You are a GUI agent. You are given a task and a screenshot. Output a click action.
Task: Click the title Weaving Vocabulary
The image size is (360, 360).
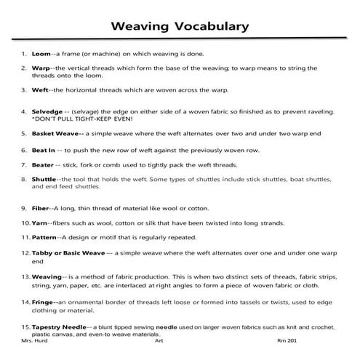(x=180, y=27)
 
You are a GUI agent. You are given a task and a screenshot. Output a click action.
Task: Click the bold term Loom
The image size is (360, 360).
(x=41, y=54)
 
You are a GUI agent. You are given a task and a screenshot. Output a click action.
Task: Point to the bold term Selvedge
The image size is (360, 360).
(x=48, y=112)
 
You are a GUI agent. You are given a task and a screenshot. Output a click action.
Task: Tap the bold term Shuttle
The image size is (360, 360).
(x=44, y=179)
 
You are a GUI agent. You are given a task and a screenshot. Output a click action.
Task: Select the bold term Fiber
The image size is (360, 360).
(x=41, y=208)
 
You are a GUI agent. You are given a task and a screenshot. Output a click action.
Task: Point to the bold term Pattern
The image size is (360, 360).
(x=45, y=238)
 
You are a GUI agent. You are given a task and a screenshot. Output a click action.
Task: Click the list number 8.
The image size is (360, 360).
(x=24, y=179)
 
